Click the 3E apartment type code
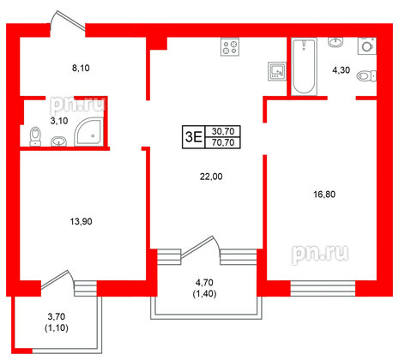[193, 135]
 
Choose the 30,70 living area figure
[222, 129]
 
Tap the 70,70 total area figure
[222, 141]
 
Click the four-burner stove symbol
[229, 48]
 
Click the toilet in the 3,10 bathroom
[35, 135]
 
